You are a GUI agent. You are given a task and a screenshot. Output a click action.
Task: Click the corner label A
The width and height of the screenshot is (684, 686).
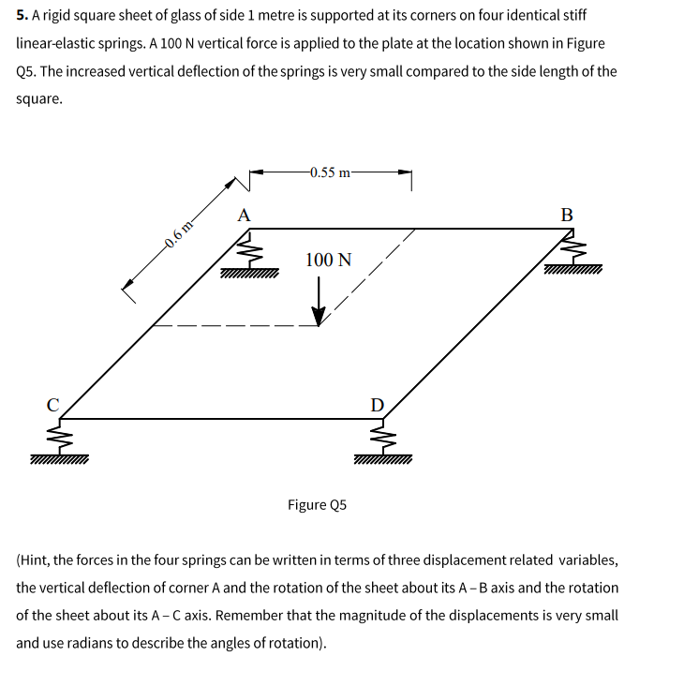[x=245, y=215]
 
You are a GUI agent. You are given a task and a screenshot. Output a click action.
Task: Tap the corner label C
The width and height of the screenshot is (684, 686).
[x=53, y=406]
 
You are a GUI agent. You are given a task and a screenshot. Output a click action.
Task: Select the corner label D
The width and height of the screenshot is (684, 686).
[x=377, y=406]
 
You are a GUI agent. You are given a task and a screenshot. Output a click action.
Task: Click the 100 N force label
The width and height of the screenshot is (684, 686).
[x=329, y=261]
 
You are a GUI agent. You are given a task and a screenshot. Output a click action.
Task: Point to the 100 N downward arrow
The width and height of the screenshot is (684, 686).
[x=320, y=302]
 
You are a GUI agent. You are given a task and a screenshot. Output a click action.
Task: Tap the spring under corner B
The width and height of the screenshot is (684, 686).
[x=572, y=249]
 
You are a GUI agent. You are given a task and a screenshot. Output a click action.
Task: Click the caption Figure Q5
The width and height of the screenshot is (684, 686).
[x=317, y=505]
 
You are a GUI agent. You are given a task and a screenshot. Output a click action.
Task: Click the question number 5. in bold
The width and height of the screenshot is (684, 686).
[x=22, y=17]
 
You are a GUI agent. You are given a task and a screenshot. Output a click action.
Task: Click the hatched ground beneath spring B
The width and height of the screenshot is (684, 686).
[x=572, y=272]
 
